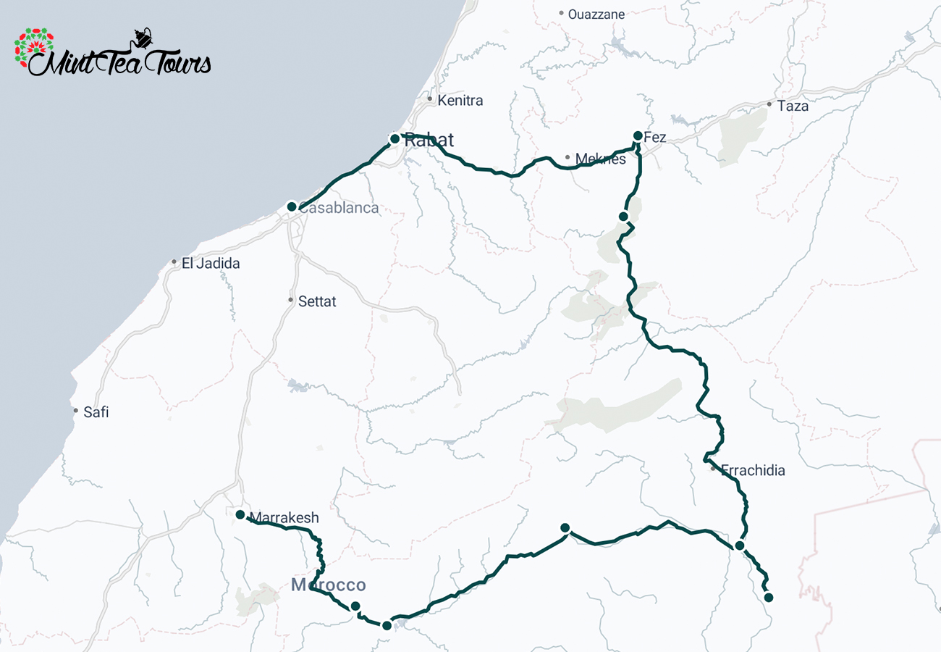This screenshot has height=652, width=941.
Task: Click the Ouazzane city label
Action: [x=596, y=14]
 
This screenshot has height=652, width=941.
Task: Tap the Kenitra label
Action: [x=460, y=101]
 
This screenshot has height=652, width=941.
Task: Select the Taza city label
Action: [x=793, y=106]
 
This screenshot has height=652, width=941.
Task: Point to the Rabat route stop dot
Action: [x=394, y=138]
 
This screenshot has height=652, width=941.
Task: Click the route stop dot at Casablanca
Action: [x=292, y=206]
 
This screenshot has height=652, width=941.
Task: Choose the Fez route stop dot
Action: [x=638, y=135]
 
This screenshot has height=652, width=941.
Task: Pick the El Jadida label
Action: [x=210, y=264]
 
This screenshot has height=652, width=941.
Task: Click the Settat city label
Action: [x=317, y=301]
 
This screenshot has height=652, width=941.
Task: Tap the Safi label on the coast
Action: [x=96, y=412]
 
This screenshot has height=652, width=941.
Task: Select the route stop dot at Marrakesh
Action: [x=240, y=514]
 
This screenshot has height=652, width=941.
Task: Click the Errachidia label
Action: [x=753, y=471]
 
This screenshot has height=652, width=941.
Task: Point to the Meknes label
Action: [x=600, y=159]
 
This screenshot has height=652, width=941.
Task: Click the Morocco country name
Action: [x=329, y=585]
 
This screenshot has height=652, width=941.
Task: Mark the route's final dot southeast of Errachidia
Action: [x=769, y=598]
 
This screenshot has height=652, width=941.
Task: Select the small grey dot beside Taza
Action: [x=769, y=104]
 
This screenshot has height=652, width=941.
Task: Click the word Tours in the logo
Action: [x=177, y=64]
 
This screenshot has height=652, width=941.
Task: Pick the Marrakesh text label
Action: [x=284, y=518]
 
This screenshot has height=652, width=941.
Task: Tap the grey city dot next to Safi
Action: [x=76, y=411]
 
